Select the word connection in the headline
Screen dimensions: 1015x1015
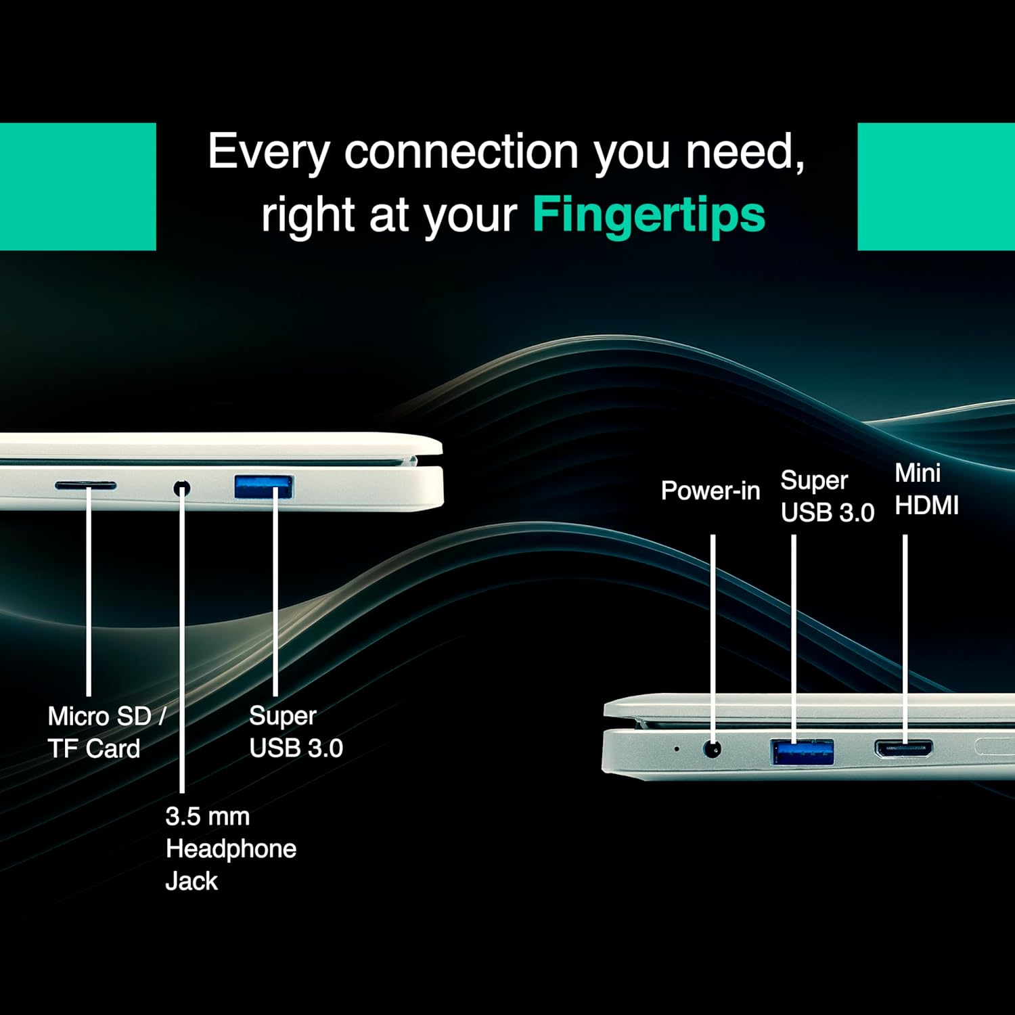[x=461, y=151]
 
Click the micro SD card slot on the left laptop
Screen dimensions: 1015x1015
[x=85, y=486]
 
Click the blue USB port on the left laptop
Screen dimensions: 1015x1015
[x=263, y=487]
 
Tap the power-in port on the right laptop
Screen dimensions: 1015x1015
[x=713, y=749]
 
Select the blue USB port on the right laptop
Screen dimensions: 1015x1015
[x=802, y=752]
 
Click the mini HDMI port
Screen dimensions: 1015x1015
[x=903, y=748]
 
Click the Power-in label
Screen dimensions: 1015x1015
[x=710, y=491]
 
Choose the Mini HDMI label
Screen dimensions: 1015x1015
[x=926, y=489]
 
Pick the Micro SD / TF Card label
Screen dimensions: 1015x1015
[x=106, y=732]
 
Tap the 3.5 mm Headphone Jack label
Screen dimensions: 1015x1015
[x=231, y=849]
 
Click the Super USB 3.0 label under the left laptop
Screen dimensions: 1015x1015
[x=296, y=731]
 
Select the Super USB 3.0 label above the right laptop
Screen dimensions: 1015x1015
[x=828, y=496]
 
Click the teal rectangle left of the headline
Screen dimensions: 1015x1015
[x=78, y=187]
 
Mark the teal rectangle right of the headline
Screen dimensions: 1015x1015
[x=937, y=187]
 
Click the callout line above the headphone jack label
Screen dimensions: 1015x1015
[x=182, y=640]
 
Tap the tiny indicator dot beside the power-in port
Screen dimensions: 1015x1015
[x=677, y=749]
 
